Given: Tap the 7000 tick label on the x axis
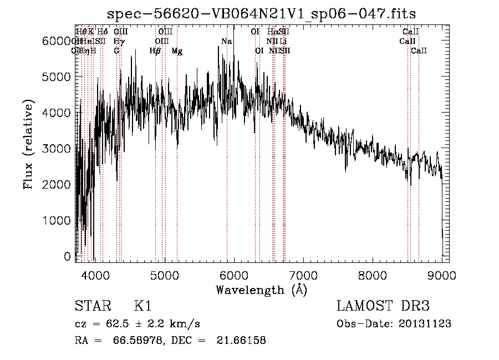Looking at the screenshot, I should point(303,273).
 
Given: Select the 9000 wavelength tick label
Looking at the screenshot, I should point(442,273).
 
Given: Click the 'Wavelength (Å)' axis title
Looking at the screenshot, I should point(261,290).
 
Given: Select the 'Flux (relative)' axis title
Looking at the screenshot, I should point(28,144).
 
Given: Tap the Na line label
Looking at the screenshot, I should point(226,42).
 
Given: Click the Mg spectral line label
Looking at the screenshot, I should point(177,51).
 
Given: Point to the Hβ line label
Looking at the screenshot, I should point(155,51).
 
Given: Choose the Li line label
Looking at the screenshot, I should point(283,42).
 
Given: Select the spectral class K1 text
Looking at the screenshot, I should point(142,306).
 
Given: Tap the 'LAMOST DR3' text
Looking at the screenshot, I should point(383,306).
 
